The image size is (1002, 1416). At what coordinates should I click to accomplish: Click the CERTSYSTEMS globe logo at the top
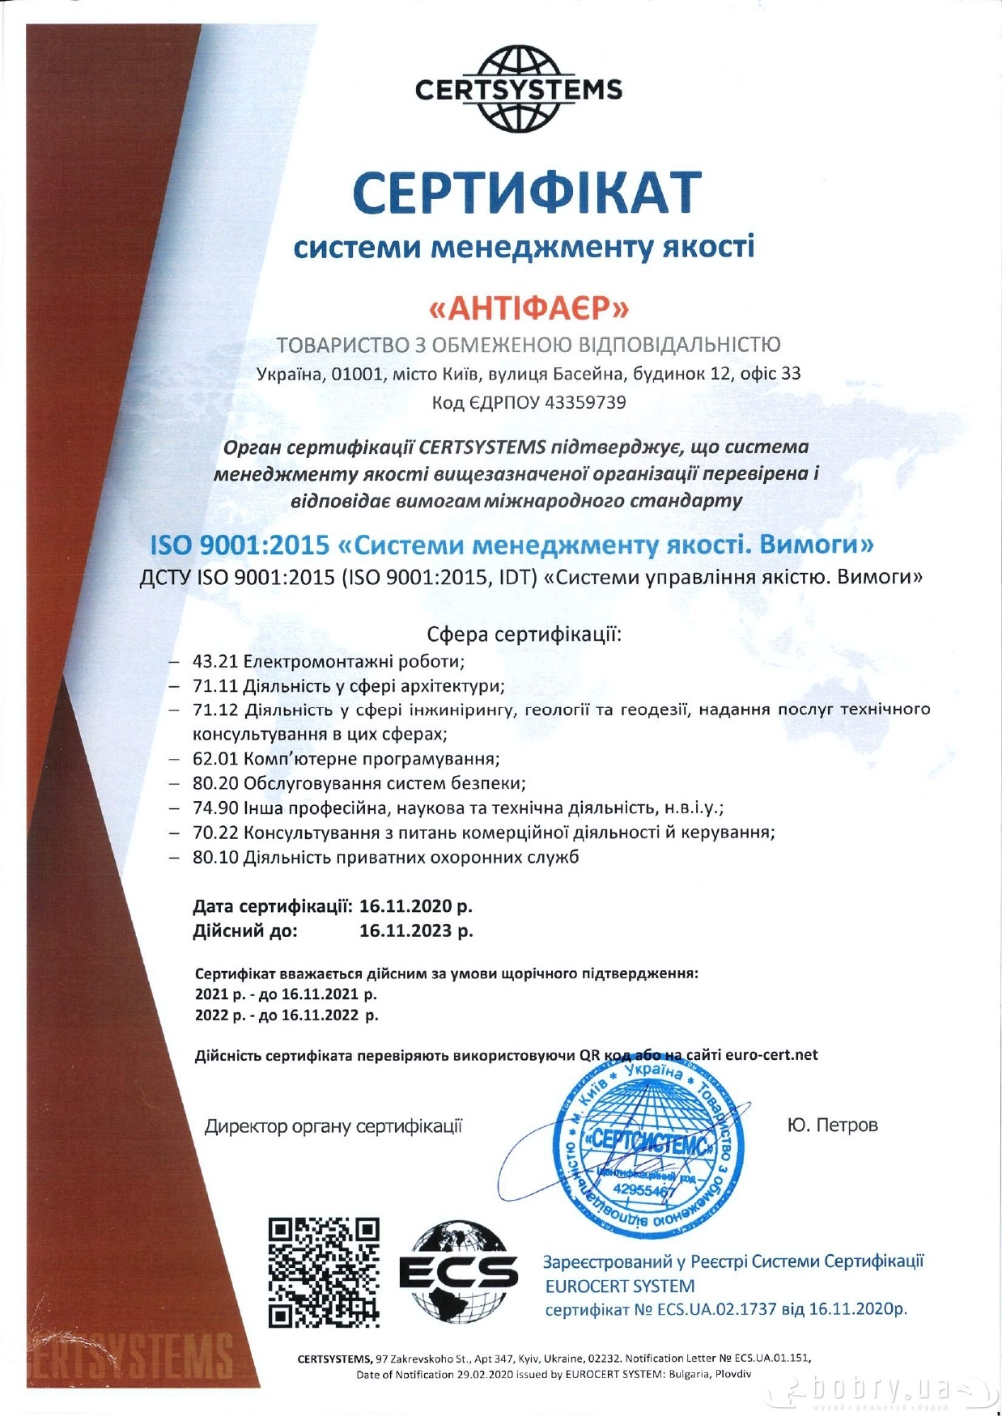(x=518, y=88)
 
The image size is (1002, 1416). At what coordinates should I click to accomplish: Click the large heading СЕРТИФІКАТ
(x=526, y=193)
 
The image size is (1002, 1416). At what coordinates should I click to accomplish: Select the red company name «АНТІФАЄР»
(x=528, y=308)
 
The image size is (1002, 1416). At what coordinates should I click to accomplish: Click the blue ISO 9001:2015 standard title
(x=512, y=545)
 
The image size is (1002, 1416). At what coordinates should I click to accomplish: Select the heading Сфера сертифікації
(x=524, y=633)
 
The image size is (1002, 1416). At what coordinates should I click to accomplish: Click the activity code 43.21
(x=215, y=661)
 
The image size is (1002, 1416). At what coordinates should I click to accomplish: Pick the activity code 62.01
(x=215, y=759)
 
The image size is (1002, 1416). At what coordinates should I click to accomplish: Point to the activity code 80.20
(x=215, y=783)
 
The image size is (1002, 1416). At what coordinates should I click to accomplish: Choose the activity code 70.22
(x=215, y=832)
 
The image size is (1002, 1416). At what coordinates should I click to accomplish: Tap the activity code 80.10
(x=215, y=857)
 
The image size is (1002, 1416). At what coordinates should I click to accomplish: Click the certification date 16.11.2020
(x=405, y=905)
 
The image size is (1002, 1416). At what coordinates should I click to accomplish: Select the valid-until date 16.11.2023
(x=405, y=931)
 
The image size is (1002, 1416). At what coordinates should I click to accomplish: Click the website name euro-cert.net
(x=771, y=1055)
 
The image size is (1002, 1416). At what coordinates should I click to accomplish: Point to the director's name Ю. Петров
(x=832, y=1126)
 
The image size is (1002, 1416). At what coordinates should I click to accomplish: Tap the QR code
(x=324, y=1271)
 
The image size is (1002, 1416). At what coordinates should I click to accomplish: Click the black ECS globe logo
(x=458, y=1271)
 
